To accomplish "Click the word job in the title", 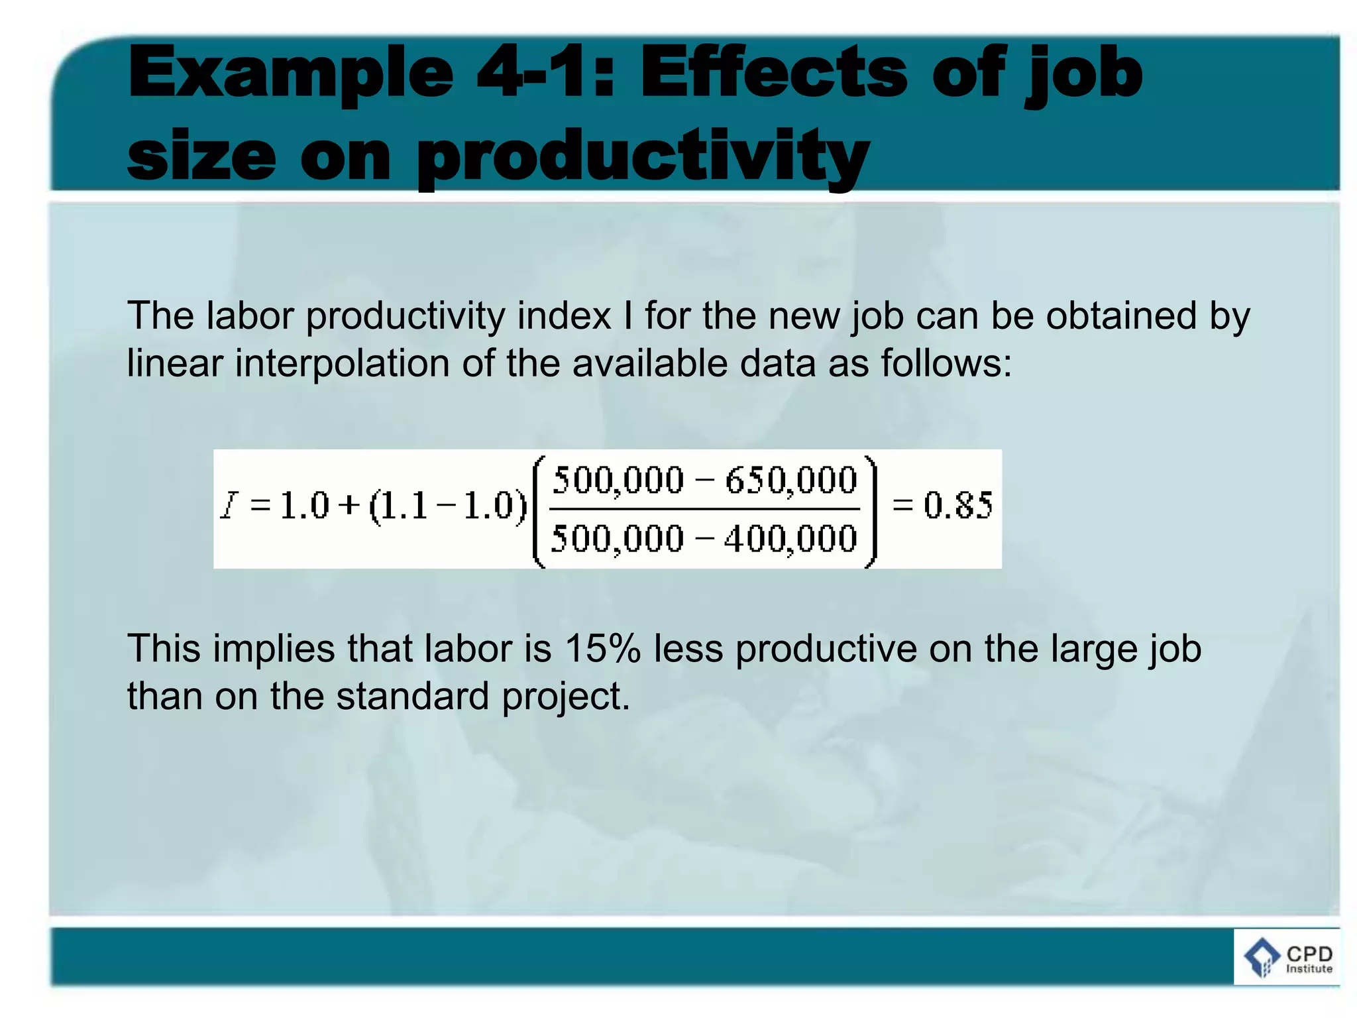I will [1084, 75].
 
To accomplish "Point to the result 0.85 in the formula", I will [958, 506].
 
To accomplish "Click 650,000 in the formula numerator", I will [791, 480].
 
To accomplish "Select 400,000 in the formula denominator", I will [791, 538].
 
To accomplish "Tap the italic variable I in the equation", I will [229, 506].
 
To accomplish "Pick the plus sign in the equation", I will [349, 506].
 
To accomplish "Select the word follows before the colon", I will [938, 363].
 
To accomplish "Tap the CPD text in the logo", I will [1309, 953].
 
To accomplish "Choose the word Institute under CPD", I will [1309, 969].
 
